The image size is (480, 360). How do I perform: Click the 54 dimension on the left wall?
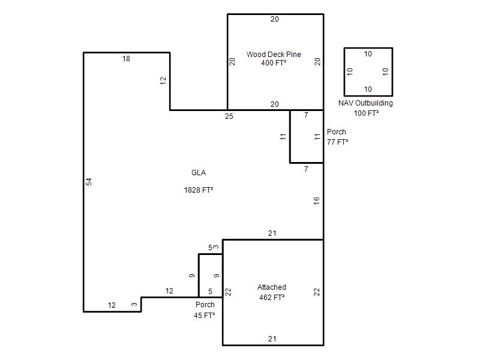point(89,182)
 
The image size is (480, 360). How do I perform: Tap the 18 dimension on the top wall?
point(126,58)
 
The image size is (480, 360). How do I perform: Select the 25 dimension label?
point(229,116)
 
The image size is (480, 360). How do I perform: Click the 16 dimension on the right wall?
point(317,200)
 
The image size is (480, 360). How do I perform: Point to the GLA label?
point(199,173)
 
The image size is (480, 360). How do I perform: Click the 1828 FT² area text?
point(199,190)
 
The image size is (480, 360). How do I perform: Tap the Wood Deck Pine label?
point(274,55)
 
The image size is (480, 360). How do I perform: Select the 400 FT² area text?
point(274,63)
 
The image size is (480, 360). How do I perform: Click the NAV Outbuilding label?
point(365,103)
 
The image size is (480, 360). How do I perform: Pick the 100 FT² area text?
point(366,113)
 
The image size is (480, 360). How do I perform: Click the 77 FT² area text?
point(337,142)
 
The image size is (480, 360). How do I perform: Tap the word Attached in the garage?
point(272,287)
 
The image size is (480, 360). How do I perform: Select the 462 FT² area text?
point(272,297)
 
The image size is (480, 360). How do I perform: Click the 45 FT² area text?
point(204,316)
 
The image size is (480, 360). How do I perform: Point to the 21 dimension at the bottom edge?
point(272,339)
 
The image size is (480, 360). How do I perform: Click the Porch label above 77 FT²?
point(337,132)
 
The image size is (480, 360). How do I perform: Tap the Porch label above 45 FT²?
point(205,305)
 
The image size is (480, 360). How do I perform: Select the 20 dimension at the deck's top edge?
point(275,19)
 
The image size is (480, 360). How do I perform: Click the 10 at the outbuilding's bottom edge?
point(368,89)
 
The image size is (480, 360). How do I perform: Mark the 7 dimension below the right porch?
point(306,169)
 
